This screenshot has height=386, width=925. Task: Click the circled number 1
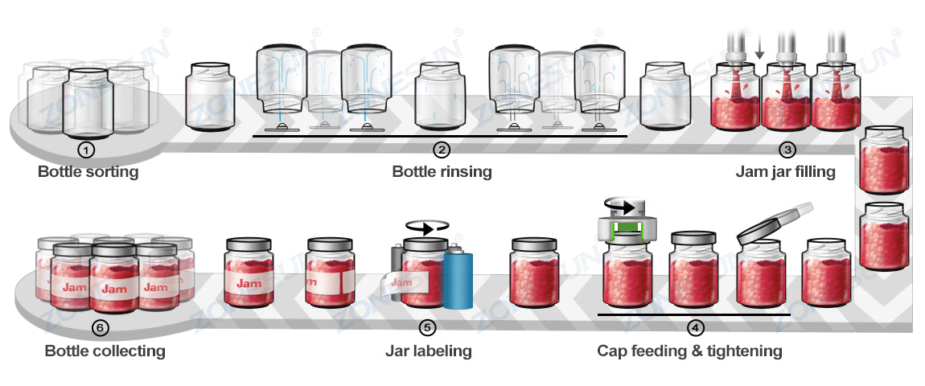pos(87,150)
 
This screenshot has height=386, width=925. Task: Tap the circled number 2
pos(442,150)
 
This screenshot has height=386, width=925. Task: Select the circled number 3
pos(787,150)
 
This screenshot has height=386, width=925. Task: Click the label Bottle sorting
pos(88,172)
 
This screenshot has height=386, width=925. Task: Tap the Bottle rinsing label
pos(442,172)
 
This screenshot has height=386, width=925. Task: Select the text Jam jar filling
pos(785,172)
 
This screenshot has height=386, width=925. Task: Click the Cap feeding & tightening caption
pos(689,351)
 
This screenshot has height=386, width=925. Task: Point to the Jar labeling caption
pos(428,351)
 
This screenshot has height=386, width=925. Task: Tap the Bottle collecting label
pos(105,351)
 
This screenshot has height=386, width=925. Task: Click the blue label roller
pos(458,278)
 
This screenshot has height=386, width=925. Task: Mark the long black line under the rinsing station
pos(440,137)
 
